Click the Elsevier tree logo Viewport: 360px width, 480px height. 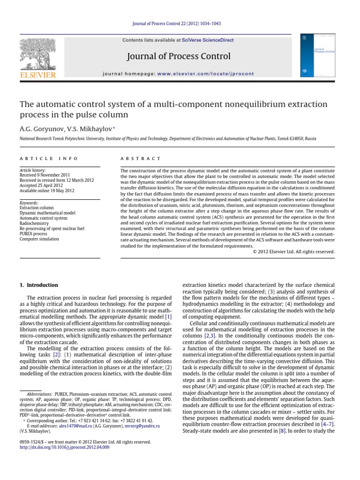(37, 57)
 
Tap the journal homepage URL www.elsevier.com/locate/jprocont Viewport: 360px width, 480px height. (206, 74)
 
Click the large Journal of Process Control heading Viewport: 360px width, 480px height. (179, 57)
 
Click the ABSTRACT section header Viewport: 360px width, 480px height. (140, 159)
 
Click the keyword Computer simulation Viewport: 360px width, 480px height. (39, 239)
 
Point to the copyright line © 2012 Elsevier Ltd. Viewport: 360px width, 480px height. (293, 252)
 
